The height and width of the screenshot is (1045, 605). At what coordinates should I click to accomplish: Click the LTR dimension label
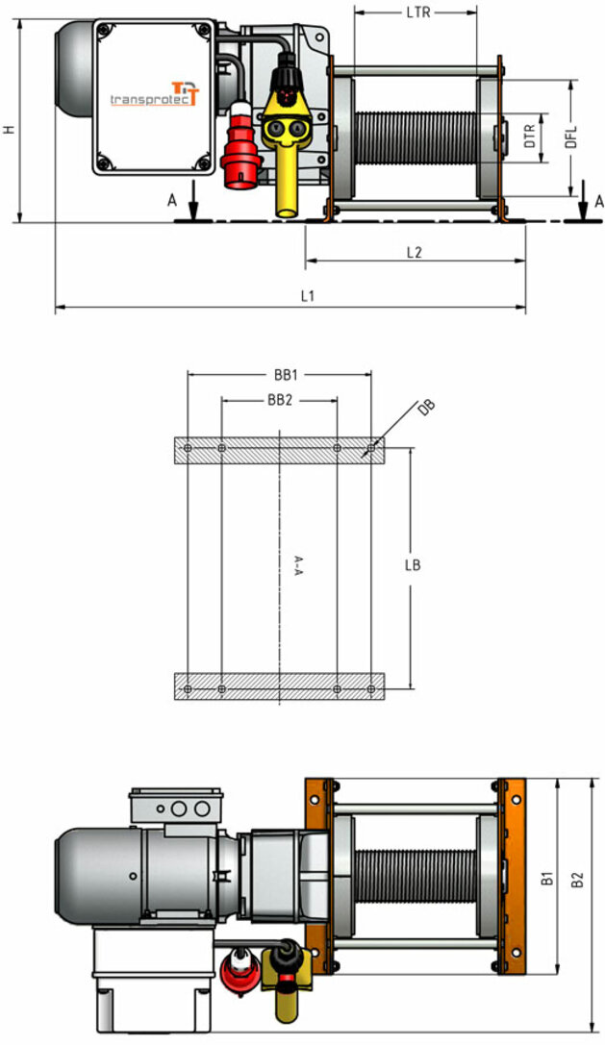tap(418, 12)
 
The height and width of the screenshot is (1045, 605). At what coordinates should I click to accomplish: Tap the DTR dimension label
tap(530, 136)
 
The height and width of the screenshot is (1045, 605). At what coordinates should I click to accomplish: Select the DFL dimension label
tap(571, 137)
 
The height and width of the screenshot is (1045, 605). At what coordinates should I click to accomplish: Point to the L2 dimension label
tap(415, 253)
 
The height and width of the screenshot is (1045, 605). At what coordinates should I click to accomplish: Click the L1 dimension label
tap(307, 296)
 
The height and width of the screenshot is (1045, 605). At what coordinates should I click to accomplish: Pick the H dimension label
tap(9, 129)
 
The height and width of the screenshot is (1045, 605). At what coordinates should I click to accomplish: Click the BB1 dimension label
tap(286, 375)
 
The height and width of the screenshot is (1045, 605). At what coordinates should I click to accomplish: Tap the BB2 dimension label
tap(280, 401)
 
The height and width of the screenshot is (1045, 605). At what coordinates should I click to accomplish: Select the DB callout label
tap(426, 408)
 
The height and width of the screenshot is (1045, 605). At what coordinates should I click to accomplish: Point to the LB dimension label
tap(413, 565)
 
